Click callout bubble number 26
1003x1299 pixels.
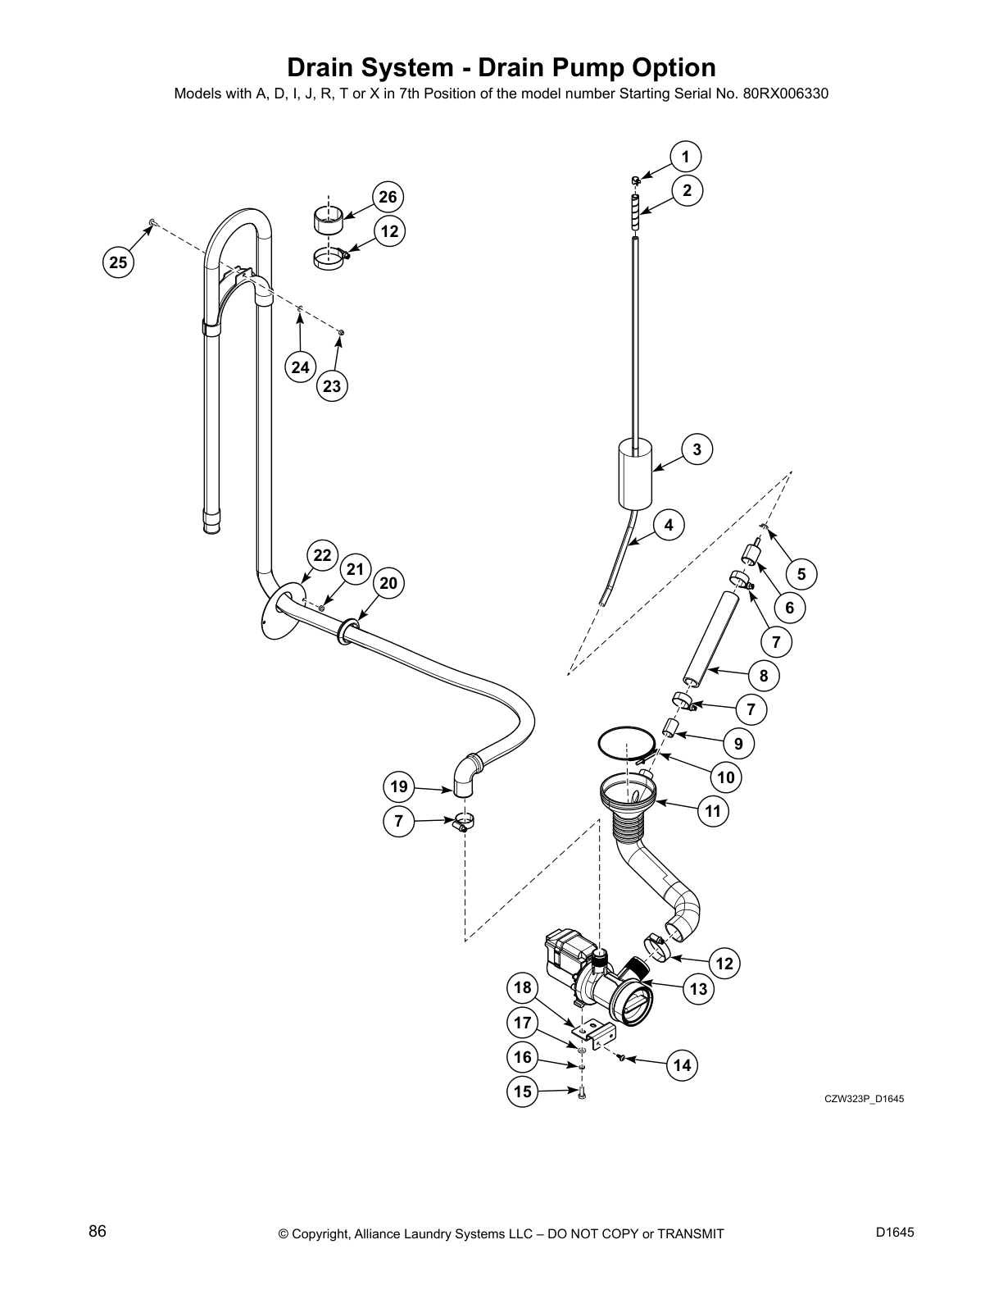coord(388,197)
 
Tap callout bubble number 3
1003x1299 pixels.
coord(697,449)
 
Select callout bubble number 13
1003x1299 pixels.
coord(698,989)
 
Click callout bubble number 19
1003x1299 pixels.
coord(399,787)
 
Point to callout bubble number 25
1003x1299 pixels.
coord(119,262)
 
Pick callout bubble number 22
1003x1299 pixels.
coord(323,555)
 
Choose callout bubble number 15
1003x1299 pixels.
coord(523,1092)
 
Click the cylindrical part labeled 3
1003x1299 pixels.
coord(633,476)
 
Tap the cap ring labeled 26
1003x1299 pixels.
coord(329,221)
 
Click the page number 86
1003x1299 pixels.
coord(98,1231)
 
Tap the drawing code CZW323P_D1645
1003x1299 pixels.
coord(864,1100)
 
